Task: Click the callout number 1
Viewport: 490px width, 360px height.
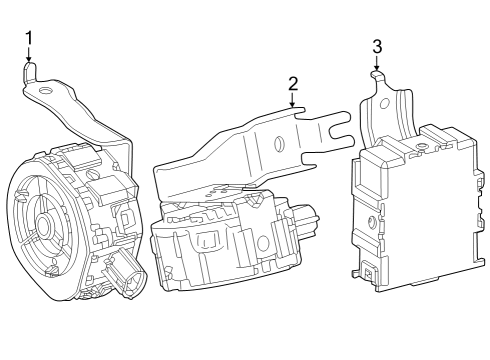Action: (x=29, y=38)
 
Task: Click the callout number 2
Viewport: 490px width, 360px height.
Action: (x=293, y=83)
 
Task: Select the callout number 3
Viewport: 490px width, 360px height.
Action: (x=377, y=46)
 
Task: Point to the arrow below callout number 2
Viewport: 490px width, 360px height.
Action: (x=293, y=101)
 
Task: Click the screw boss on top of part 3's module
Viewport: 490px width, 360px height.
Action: (x=423, y=148)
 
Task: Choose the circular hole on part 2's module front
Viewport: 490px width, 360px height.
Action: (x=263, y=244)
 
